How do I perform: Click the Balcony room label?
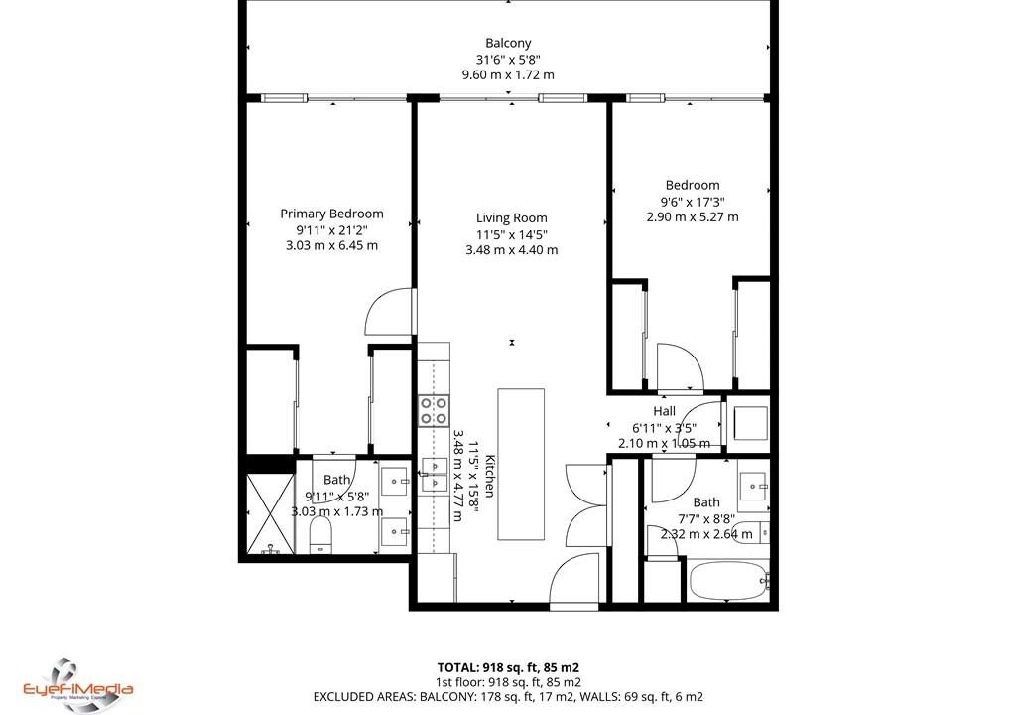click(508, 43)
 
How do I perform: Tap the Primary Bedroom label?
click(331, 214)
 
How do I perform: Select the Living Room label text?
click(511, 218)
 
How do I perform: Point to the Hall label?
click(664, 411)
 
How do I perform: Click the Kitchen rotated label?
click(490, 476)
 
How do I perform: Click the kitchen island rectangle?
click(521, 464)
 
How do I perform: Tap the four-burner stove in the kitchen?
click(434, 411)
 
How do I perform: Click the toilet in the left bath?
click(320, 537)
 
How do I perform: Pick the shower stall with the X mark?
click(270, 513)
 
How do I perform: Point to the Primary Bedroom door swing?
click(389, 312)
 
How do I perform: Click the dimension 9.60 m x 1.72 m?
click(508, 74)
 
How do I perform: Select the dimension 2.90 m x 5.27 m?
click(692, 216)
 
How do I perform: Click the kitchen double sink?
click(435, 475)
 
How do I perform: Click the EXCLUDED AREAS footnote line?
click(508, 697)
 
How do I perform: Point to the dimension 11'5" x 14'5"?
click(511, 234)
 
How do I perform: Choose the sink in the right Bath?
click(754, 485)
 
